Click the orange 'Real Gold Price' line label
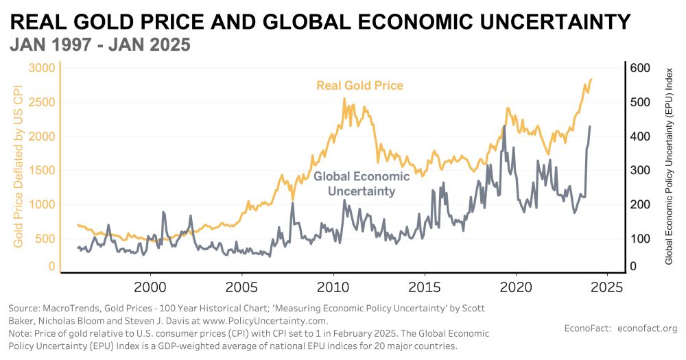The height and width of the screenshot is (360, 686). pos(359,86)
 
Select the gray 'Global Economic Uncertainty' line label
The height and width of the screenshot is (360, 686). pos(362,184)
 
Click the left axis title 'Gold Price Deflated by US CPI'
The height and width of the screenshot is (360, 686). pos(19,166)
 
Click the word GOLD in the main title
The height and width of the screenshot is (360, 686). pos(102,22)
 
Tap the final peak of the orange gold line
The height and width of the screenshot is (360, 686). pos(591,79)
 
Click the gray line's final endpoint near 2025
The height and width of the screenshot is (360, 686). pos(591,126)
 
